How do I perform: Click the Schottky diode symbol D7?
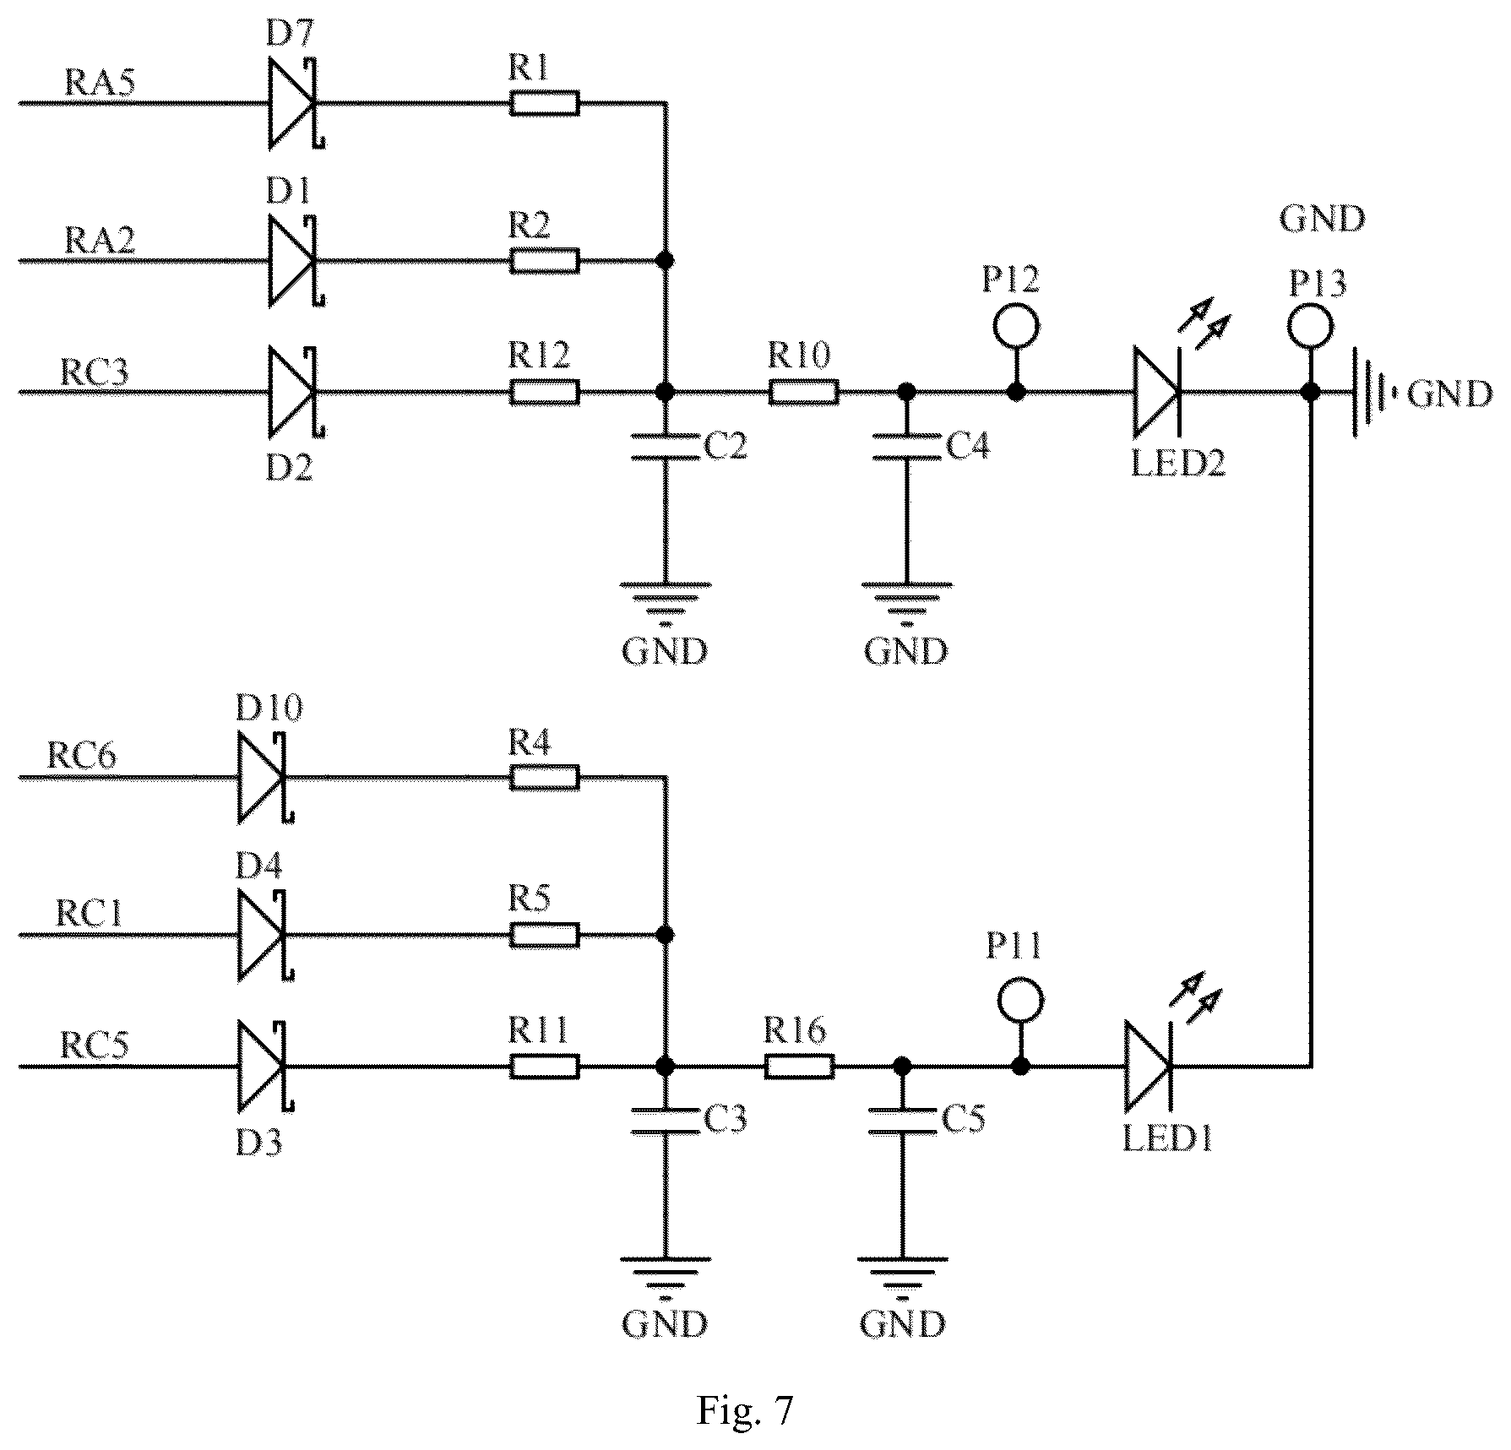pos(295,104)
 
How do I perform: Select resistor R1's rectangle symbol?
pos(545,104)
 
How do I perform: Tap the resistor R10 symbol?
pos(803,392)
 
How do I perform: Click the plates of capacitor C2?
pos(666,448)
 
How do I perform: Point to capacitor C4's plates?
pos(906,448)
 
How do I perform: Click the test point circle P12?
pos(1016,325)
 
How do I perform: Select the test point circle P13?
pos(1310,325)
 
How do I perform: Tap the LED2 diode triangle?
pos(1156,392)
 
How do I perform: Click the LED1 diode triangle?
pos(1148,1066)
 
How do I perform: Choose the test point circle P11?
pos(1020,1001)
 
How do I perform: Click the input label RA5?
pos(100,83)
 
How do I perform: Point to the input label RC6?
pos(82,755)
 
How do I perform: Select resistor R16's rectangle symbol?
pos(800,1067)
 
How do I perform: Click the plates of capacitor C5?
pos(902,1121)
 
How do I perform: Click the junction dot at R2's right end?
pos(666,260)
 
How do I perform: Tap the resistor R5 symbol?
pos(545,935)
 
